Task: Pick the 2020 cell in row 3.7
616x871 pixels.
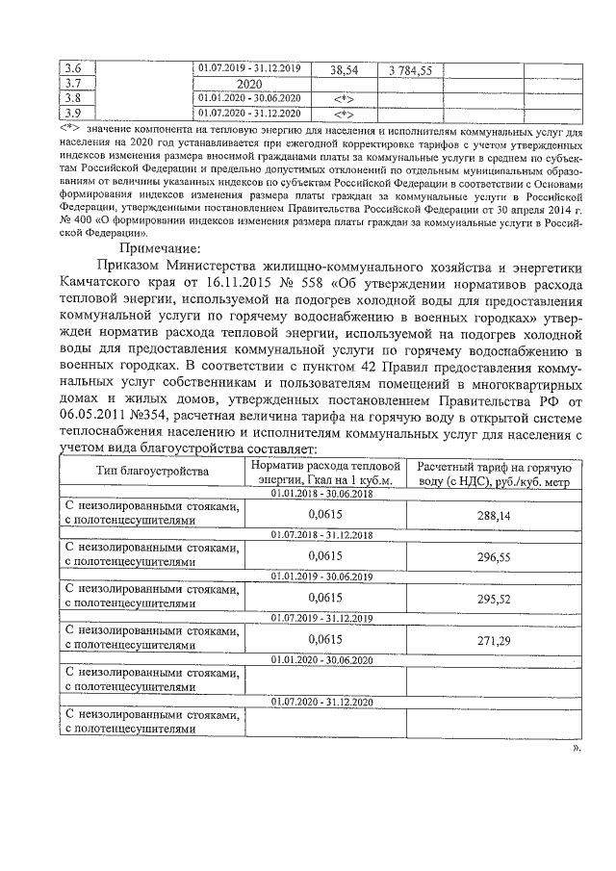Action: point(249,84)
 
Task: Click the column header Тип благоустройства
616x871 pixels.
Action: point(152,472)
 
